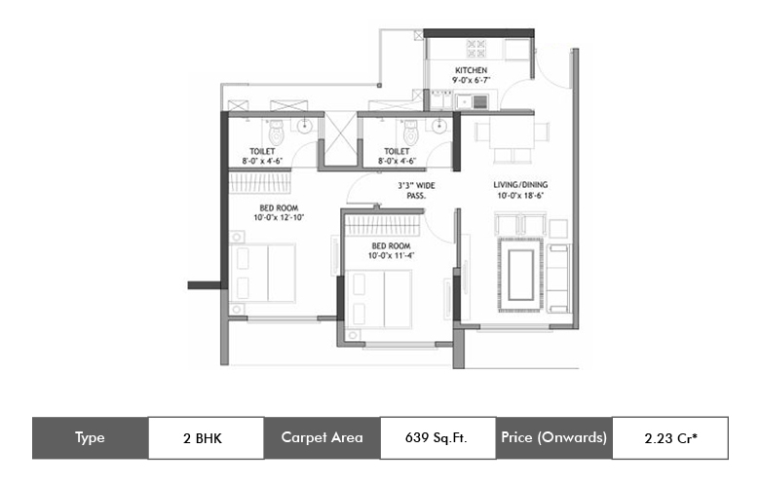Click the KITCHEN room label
[471, 70]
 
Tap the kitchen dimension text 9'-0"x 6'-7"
[472, 80]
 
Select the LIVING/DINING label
[520, 185]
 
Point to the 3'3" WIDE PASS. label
[416, 191]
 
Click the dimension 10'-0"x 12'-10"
[279, 217]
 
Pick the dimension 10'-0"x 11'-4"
[391, 256]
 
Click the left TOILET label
[262, 151]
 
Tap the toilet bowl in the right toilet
[411, 131]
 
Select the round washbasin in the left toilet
[304, 127]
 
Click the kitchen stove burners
[475, 49]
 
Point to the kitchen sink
[473, 101]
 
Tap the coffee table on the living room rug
[521, 275]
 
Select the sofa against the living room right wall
[558, 279]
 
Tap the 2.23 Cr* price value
[670, 438]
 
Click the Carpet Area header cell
[322, 437]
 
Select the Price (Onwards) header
[554, 437]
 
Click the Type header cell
[91, 437]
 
